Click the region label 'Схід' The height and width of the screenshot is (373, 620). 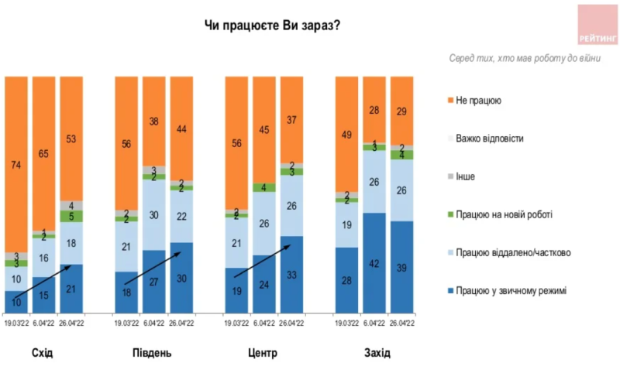click(43, 353)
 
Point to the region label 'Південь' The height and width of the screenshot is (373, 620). click(152, 353)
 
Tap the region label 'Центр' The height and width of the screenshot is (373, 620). click(262, 353)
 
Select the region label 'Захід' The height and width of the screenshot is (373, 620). click(377, 353)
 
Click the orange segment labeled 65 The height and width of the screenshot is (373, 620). click(43, 153)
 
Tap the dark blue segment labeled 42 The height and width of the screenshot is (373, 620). click(375, 263)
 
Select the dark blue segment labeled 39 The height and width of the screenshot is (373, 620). click(402, 267)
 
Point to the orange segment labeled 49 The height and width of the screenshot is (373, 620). click(347, 134)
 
